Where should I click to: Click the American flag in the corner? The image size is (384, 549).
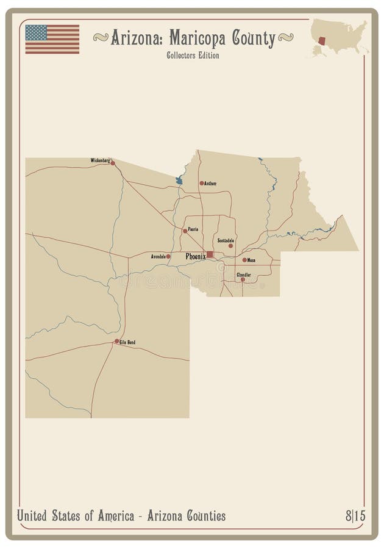(52, 39)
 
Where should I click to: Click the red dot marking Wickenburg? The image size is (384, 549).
(113, 163)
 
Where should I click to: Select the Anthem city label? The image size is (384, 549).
(210, 183)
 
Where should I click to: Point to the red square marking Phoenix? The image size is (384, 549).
(210, 254)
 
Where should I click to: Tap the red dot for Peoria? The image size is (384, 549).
(185, 231)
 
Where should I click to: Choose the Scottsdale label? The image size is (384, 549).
(226, 240)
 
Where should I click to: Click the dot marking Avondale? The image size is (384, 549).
(168, 256)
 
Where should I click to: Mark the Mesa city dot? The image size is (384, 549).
(244, 260)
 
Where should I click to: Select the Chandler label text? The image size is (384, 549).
(243, 274)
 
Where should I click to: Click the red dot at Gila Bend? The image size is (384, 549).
(116, 341)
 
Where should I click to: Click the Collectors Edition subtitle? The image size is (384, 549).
(193, 56)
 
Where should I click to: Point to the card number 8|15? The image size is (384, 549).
(355, 516)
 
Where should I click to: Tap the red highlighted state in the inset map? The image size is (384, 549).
(322, 41)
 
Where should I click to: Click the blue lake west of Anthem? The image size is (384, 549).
(179, 181)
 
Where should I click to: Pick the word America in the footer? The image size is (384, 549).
(112, 516)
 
